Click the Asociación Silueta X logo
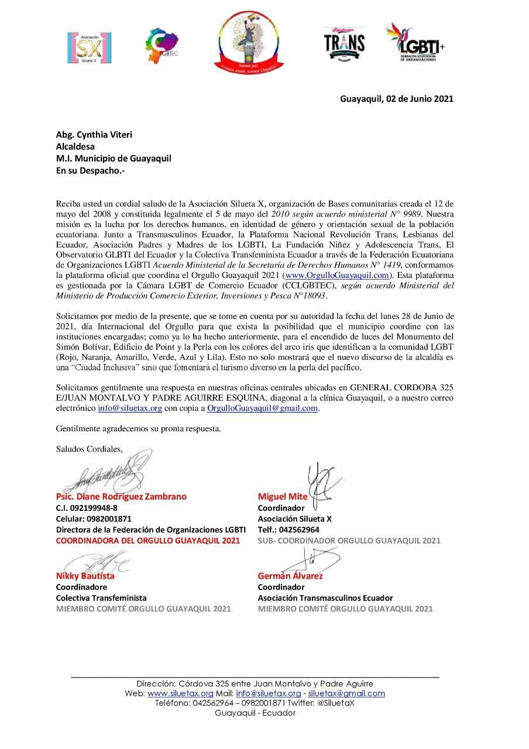90,47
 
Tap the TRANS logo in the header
344,44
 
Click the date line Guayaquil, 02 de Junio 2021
397,99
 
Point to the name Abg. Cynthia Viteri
94,135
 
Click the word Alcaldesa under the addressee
75,147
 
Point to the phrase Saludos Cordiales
90,449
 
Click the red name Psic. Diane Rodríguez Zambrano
121,496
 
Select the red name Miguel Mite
283,497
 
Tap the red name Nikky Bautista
85,575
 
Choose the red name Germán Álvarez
290,575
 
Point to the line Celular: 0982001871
94,518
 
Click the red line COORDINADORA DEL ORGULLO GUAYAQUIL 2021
147,541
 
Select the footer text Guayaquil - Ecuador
255,713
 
